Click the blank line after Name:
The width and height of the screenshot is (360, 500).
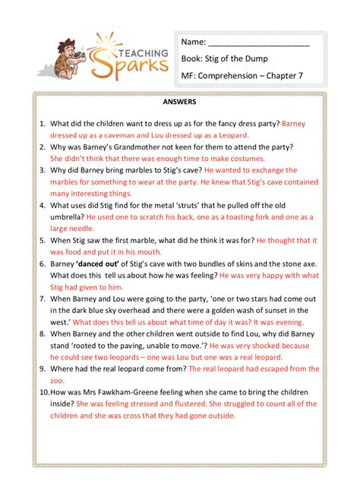click(x=258, y=42)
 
